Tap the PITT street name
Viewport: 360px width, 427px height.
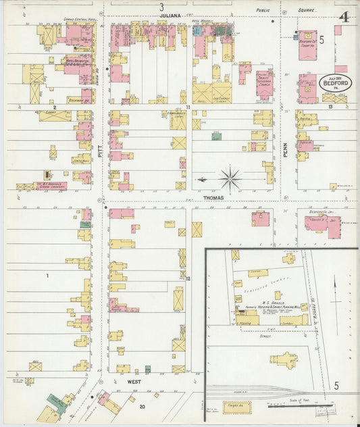click(x=100, y=155)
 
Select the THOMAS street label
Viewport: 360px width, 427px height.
click(x=213, y=199)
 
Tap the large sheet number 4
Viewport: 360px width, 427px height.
click(x=344, y=16)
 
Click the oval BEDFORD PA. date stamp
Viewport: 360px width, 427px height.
click(x=335, y=82)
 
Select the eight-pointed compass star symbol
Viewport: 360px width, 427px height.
click(x=230, y=179)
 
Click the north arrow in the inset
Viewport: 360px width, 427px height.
click(x=335, y=296)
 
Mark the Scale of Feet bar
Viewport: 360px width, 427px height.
click(x=300, y=407)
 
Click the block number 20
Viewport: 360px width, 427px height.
click(x=142, y=407)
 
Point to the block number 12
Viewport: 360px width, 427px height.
click(x=188, y=278)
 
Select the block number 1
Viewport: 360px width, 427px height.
click(x=48, y=276)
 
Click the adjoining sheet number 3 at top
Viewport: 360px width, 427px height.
click(x=161, y=7)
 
